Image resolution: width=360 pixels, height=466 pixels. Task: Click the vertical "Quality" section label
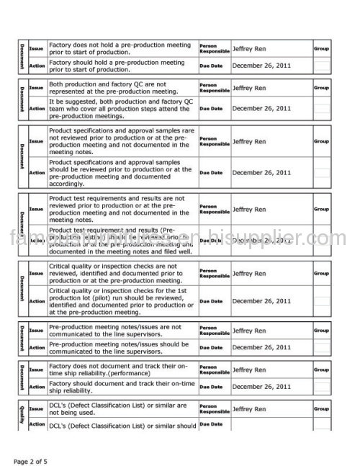point(22,415)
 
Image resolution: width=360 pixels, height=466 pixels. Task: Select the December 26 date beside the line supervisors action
point(261,347)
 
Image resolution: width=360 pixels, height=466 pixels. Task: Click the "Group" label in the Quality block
point(323,408)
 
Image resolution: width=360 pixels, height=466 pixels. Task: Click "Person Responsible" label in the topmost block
point(214,48)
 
